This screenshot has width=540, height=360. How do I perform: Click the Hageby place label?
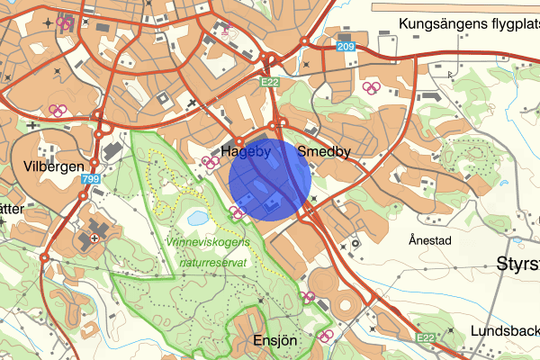click(247, 152)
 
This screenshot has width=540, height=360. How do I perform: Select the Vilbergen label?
click(54, 166)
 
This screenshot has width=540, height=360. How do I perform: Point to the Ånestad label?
click(428, 240)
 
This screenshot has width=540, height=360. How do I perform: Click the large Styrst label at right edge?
click(518, 264)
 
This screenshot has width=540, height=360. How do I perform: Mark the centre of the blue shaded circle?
click(270, 178)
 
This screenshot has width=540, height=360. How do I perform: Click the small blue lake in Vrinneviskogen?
click(196, 218)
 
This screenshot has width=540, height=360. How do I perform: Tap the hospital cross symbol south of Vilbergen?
click(94, 238)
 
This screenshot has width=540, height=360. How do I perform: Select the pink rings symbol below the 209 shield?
click(370, 88)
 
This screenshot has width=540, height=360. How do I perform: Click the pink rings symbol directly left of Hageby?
click(211, 162)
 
